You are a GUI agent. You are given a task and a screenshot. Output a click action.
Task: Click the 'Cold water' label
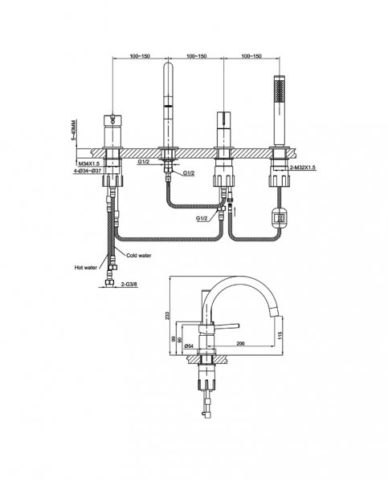click(139, 255)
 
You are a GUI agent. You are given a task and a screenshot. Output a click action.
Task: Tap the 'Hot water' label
click(85, 268)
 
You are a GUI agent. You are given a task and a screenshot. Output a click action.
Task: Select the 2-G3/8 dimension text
click(129, 285)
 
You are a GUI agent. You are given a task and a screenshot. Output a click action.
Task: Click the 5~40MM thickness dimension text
click(73, 131)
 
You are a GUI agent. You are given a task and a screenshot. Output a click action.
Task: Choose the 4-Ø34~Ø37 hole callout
click(88, 171)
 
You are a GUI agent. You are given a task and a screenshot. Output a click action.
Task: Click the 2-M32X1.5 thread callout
click(303, 168)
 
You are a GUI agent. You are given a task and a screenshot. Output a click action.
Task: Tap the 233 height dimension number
click(167, 315)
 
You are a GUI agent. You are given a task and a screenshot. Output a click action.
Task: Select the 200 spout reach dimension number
click(241, 344)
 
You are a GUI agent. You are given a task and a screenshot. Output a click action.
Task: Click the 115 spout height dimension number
click(280, 334)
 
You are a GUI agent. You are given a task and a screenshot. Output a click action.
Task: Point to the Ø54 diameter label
click(189, 346)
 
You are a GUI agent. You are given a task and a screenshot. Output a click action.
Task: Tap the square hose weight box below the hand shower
click(280, 218)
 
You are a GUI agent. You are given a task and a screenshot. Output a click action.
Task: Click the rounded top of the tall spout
click(168, 65)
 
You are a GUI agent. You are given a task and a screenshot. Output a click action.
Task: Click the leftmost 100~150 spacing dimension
click(140, 56)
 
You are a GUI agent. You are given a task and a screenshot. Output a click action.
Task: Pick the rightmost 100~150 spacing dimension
click(251, 56)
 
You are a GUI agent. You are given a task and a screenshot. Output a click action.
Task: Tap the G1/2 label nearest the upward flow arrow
click(202, 218)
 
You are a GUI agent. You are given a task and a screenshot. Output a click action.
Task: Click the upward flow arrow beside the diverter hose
click(235, 211)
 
